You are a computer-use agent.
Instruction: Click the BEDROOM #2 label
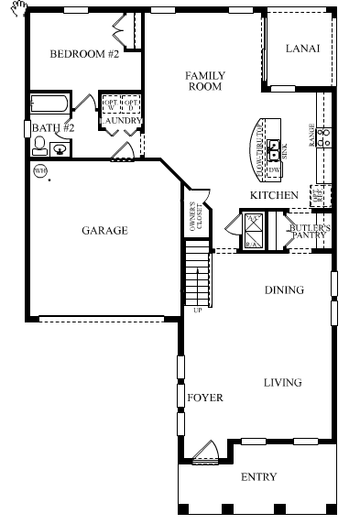click(x=84, y=54)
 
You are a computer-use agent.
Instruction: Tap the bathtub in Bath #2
click(x=51, y=104)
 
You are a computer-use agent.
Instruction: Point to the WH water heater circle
click(x=39, y=170)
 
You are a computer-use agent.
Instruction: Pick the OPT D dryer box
click(x=131, y=104)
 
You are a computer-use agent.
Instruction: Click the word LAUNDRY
click(x=120, y=120)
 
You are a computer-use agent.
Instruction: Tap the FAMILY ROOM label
click(x=204, y=81)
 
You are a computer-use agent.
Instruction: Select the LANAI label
click(x=302, y=49)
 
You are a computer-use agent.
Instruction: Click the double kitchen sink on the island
click(x=273, y=145)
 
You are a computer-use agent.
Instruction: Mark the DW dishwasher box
click(x=273, y=169)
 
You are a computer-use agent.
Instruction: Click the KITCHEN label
click(x=274, y=195)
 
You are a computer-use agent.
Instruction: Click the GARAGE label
click(x=104, y=230)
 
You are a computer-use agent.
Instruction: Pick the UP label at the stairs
click(x=196, y=310)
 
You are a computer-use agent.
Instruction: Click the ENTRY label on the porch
click(x=257, y=477)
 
